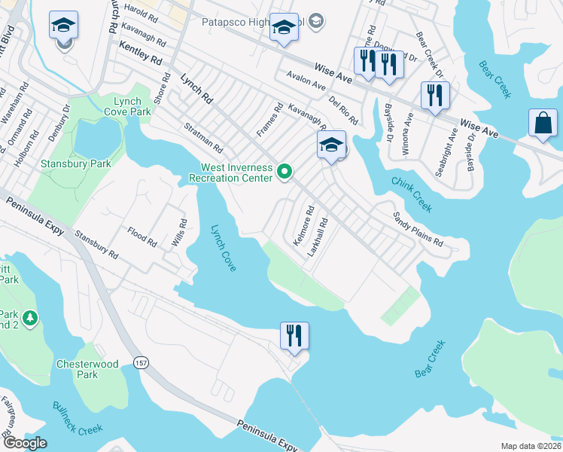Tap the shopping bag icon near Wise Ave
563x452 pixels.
coord(543,123)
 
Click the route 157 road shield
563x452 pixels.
coord(141,363)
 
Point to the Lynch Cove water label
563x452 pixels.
coord(224,249)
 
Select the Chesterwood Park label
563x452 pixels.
coord(88,369)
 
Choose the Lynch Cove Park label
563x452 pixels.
coord(132,106)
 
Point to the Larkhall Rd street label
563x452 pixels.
coord(320,237)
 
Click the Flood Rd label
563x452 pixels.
coord(142,238)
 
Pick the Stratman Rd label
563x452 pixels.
coord(203,139)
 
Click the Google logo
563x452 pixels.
coord(25,443)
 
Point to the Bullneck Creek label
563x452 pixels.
coord(77,418)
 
